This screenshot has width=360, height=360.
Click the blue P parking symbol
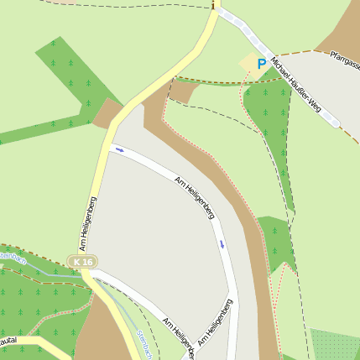click(x=262, y=63)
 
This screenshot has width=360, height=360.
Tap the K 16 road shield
click(x=82, y=263)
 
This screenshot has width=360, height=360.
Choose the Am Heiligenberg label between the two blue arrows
click(x=194, y=198)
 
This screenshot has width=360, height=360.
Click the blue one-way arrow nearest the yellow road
click(x=120, y=150)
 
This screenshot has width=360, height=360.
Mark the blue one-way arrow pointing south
click(x=222, y=244)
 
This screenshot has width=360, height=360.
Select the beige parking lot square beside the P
click(x=248, y=63)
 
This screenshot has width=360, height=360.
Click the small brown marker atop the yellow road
click(x=214, y=6)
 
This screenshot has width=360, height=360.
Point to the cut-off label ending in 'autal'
click(x=8, y=341)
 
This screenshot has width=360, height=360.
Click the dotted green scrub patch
click(x=336, y=344)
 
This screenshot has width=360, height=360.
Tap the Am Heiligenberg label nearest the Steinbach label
click(x=180, y=336)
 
